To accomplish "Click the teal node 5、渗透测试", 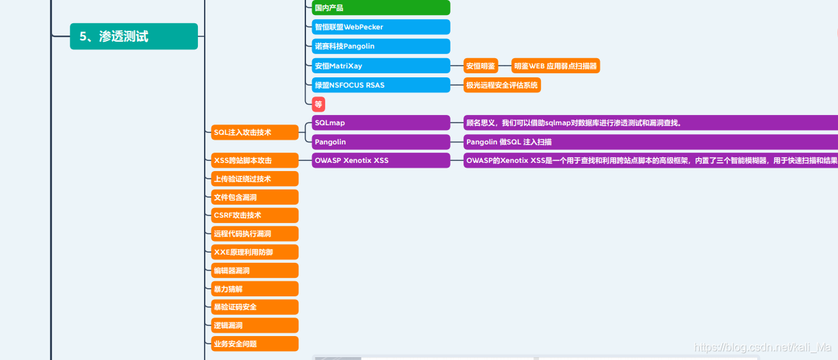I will [134, 36].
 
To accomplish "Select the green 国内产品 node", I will [381, 8].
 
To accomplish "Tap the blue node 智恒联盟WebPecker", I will [381, 27].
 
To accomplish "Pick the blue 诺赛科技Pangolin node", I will [381, 46].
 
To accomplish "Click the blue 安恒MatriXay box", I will [381, 66].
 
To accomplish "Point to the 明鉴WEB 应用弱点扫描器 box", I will [555, 66].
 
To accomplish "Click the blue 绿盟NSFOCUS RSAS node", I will [381, 85].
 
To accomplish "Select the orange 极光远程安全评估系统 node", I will [502, 85].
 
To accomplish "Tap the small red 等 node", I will [318, 104].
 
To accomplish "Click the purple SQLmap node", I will [381, 123].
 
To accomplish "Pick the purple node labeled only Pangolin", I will [381, 142].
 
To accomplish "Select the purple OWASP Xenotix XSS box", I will [381, 160].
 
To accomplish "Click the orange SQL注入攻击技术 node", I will [255, 132].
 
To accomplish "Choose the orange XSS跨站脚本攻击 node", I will [255, 160].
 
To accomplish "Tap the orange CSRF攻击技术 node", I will [255, 215].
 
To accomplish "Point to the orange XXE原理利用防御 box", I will [255, 252].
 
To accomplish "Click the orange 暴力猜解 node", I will [255, 289].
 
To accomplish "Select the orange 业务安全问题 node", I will [255, 344].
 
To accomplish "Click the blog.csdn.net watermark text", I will [765, 347].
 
